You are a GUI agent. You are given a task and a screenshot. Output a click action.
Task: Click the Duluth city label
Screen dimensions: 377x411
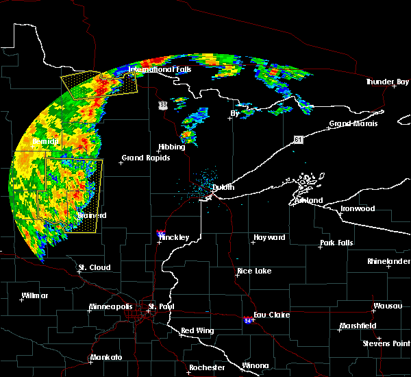point(223,187)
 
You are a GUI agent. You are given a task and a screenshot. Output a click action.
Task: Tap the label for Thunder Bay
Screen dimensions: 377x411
point(386,82)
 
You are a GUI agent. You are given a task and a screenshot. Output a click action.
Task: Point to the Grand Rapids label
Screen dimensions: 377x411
point(142,158)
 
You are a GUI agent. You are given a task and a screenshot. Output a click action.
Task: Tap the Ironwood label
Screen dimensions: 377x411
point(358,208)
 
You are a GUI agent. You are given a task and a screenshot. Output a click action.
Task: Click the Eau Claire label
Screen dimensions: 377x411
point(271,315)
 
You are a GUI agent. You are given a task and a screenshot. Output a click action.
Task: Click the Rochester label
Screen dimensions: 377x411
point(207,367)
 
